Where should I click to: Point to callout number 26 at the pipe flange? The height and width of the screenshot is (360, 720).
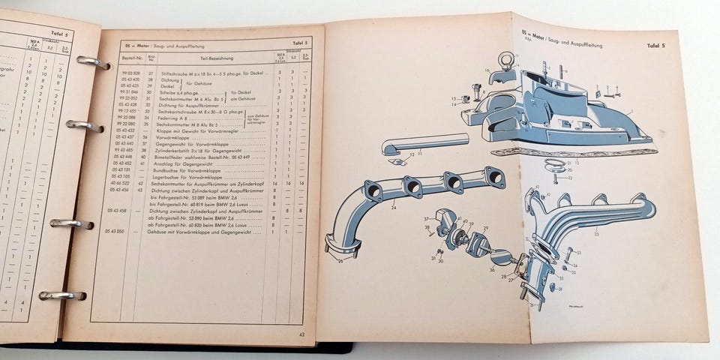click(x=340, y=260)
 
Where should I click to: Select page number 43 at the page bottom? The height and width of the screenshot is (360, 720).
click(x=301, y=334)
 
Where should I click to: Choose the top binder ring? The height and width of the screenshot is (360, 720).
click(x=91, y=62)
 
